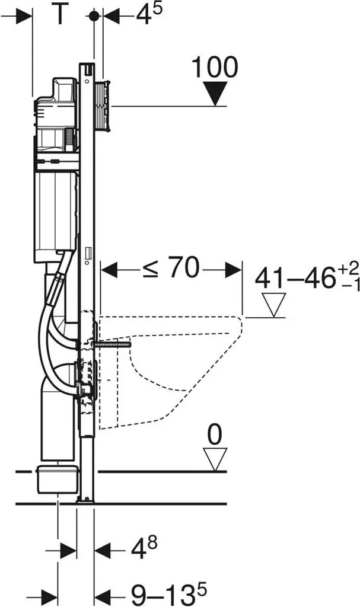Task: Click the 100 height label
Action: click(x=215, y=67)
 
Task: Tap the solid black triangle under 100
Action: click(x=216, y=93)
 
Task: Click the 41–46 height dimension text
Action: click(x=307, y=276)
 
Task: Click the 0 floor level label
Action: click(x=215, y=434)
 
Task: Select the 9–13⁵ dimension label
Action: click(x=168, y=594)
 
